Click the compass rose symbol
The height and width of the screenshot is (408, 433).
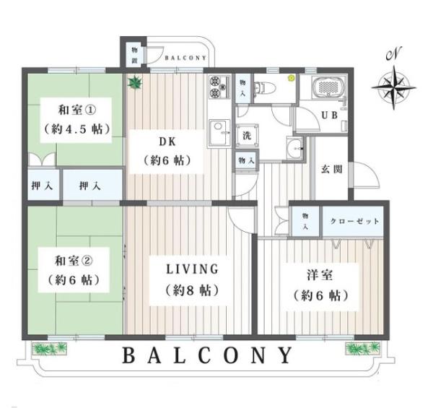click(x=393, y=87)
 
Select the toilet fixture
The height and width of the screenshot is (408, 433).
click(x=265, y=88)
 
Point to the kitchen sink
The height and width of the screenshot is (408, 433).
click(x=219, y=134)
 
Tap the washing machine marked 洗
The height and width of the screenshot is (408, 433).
click(x=247, y=135)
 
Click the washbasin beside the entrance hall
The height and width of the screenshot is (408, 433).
click(x=295, y=148)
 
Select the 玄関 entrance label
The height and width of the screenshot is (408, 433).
click(x=332, y=169)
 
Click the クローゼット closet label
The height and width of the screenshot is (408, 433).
click(x=354, y=221)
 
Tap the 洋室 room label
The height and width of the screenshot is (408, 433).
click(x=320, y=275)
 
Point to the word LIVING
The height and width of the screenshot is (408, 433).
click(x=192, y=269)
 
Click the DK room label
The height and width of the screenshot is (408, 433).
click(x=167, y=142)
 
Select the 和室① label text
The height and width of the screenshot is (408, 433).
click(x=77, y=110)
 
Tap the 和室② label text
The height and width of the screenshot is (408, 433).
click(x=74, y=261)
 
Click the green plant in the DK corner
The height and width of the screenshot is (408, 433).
click(x=135, y=82)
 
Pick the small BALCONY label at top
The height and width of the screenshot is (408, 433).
click(x=185, y=58)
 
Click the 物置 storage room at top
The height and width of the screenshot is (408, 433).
click(x=134, y=55)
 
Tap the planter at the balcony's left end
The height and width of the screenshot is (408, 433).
click(x=50, y=348)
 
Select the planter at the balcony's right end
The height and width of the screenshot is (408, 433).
click(x=363, y=348)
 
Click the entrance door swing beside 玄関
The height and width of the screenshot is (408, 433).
click(x=365, y=175)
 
